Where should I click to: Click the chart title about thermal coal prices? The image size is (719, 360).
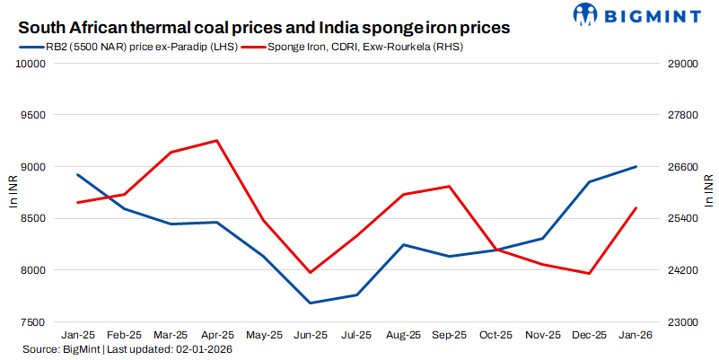(264, 28)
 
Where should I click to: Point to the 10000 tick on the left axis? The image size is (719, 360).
(30, 64)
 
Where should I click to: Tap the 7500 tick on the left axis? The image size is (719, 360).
(32, 321)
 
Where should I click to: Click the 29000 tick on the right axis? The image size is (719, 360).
(681, 64)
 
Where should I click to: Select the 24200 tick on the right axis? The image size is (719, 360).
(681, 270)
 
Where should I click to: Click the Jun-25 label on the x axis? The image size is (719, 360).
(310, 335)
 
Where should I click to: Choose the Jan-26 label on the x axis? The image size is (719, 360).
(636, 335)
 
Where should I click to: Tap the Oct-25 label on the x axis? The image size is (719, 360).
(496, 335)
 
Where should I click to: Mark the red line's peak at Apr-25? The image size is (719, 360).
(217, 141)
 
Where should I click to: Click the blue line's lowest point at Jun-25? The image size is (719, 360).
(310, 303)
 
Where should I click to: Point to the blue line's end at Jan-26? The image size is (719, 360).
(636, 166)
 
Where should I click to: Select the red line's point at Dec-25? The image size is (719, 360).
(590, 274)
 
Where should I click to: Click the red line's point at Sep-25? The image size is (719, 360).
(450, 187)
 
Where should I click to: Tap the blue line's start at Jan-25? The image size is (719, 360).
(77, 175)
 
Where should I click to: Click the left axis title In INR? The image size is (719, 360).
(12, 192)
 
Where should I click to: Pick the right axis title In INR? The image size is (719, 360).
(709, 192)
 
